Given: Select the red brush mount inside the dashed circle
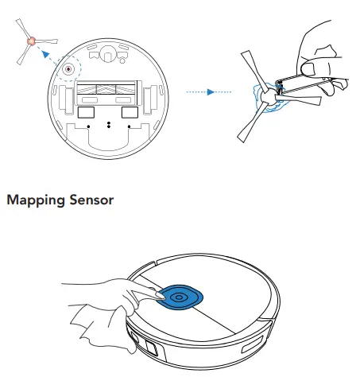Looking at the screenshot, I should [x=69, y=69].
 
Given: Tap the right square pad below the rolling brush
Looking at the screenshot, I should [x=126, y=114].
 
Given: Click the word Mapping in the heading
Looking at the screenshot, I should [x=37, y=200].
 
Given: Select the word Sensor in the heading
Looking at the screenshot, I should [x=94, y=200].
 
